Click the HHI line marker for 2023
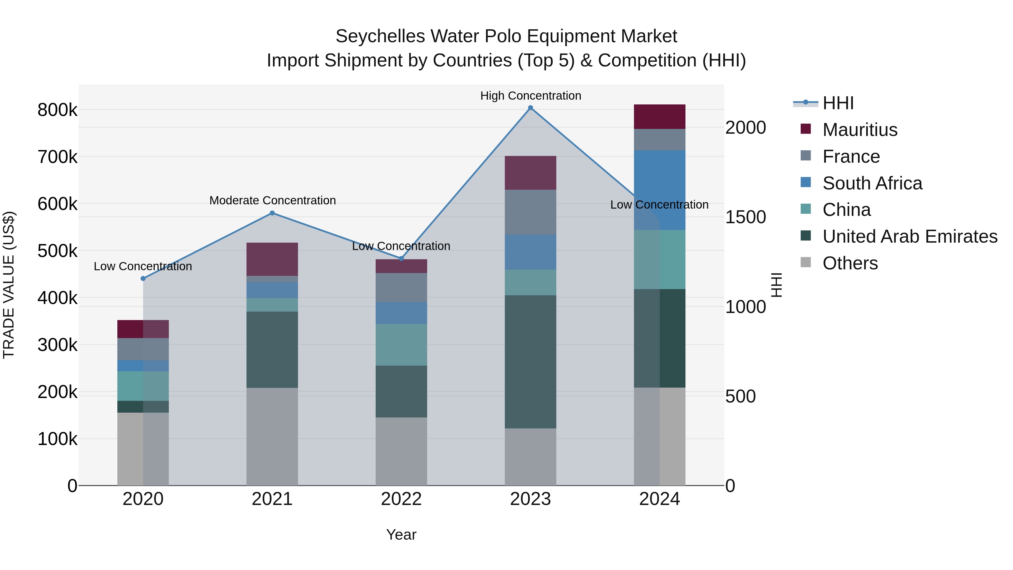pos(530,108)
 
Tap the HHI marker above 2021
pos(272,213)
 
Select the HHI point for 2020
pos(143,278)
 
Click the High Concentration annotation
pos(530,96)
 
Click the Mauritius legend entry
pos(860,130)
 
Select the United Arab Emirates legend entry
pos(909,236)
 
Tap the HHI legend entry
pos(838,103)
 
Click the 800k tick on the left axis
pos(57,110)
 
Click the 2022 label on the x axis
pos(401,499)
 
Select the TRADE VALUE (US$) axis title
pos(9,285)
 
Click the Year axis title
pos(401,535)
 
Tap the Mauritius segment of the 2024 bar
pos(660,117)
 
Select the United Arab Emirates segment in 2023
pos(530,362)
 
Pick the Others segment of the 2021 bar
pos(272,437)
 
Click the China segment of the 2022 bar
pos(401,345)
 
